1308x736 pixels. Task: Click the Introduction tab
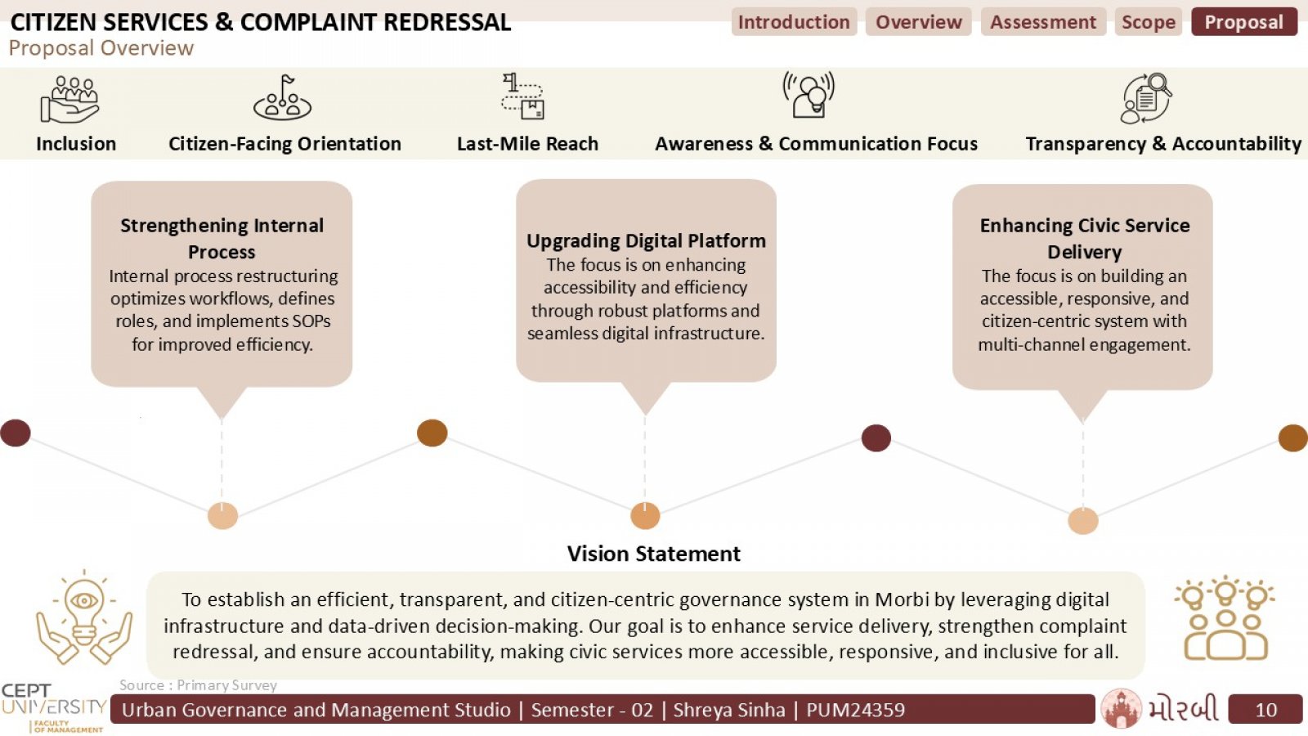tap(794, 21)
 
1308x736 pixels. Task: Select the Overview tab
tap(919, 21)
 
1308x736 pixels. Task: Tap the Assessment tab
tap(1043, 21)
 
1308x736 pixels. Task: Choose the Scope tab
tap(1149, 21)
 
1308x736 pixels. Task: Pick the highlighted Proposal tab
tap(1244, 21)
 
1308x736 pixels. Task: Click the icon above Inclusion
tap(70, 99)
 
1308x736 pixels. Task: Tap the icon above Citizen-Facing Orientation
tap(283, 97)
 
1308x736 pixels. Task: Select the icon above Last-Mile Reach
tap(522, 96)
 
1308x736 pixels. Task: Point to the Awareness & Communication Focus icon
tap(809, 95)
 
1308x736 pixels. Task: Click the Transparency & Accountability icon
tap(1145, 97)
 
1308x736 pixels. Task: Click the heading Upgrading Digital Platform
tap(646, 240)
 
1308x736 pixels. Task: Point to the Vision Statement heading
tap(653, 553)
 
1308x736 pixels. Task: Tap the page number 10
tap(1266, 710)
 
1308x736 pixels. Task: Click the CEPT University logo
tap(54, 708)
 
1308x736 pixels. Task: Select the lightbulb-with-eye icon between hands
tap(84, 617)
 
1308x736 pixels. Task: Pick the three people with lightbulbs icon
tap(1225, 618)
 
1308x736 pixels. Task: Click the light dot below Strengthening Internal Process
tap(222, 516)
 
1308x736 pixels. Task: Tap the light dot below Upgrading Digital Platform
tap(645, 516)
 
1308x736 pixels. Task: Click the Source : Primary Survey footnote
tap(198, 685)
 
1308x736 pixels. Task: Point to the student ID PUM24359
tap(855, 710)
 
